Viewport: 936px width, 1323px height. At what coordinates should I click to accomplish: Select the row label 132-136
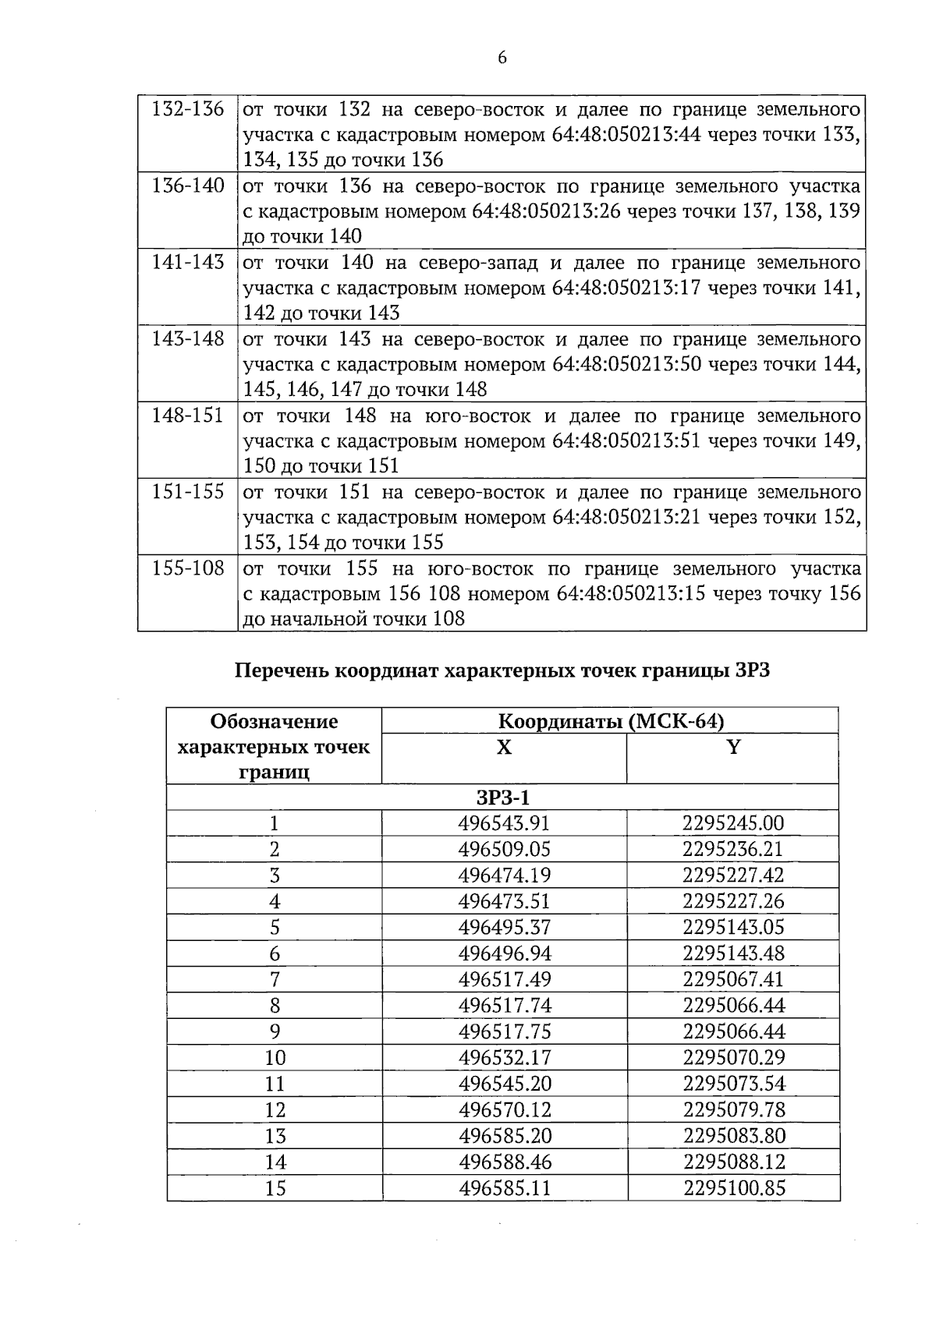coord(187,109)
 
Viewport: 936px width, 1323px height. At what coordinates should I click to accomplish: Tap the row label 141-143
coord(187,262)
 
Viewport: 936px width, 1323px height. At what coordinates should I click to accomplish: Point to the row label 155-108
coord(187,568)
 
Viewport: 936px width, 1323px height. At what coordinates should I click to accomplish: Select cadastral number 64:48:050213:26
coord(546,211)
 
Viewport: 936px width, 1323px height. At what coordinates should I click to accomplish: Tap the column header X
coord(504,748)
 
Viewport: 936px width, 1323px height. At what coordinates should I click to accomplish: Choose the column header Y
coord(732,748)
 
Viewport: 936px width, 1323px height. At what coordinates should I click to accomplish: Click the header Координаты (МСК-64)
coord(611,721)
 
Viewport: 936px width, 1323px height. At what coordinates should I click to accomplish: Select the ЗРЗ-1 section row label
coord(502,798)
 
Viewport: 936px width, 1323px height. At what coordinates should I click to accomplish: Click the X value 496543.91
coord(504,823)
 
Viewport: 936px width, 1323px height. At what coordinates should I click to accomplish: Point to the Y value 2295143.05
coord(733,928)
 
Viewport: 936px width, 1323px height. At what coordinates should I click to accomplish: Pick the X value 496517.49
coord(504,980)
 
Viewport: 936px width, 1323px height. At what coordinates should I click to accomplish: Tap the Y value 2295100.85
coord(733,1188)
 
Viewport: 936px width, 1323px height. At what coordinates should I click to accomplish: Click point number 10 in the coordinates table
coord(275,1058)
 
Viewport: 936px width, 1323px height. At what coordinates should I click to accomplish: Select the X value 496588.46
coord(504,1162)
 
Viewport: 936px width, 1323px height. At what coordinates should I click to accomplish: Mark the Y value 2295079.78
coord(733,1110)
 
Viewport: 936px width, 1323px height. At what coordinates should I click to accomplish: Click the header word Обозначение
coord(274,721)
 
